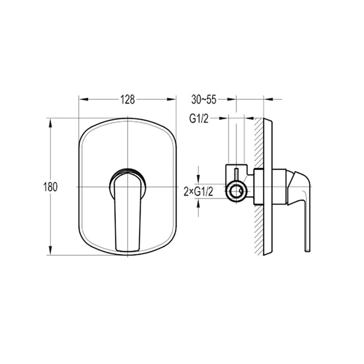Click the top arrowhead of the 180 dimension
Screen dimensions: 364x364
[50, 122]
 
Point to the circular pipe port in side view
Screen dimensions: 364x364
[239, 191]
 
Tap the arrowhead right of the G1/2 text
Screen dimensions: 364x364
[226, 118]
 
